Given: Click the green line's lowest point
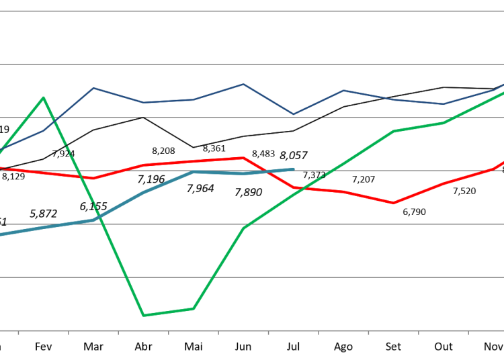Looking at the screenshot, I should [x=143, y=315].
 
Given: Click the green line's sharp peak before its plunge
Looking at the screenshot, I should [x=44, y=97].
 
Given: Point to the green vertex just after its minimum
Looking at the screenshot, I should [x=194, y=308].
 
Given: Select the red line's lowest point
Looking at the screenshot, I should [x=394, y=203].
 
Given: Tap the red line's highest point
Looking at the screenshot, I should [x=244, y=158].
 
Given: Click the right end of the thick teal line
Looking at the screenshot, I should [x=294, y=169].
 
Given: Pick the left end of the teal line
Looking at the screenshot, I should [x=1, y=234].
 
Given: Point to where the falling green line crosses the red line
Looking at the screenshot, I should [x=82, y=177].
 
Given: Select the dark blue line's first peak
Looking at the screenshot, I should [x=93, y=88].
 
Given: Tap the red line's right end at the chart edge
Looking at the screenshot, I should [x=503, y=162].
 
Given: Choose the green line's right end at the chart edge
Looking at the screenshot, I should [x=503, y=93].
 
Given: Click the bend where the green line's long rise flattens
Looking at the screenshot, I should [x=394, y=131].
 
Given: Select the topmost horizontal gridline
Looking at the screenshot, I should [x=252, y=11].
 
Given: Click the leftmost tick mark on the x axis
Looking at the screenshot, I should [x=18, y=332].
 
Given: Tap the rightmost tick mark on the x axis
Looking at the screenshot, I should [x=468, y=332].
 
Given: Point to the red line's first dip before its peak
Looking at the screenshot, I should [x=93, y=178].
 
